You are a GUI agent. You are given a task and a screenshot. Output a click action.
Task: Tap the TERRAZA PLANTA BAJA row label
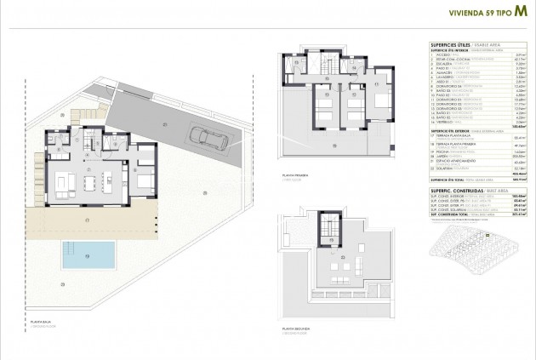pyautogui.click(x=447, y=135)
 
